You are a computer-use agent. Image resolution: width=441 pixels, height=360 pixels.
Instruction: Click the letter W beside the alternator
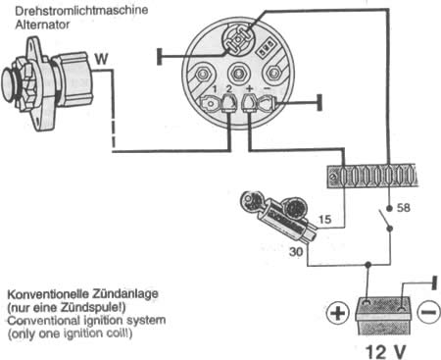pos(101,59)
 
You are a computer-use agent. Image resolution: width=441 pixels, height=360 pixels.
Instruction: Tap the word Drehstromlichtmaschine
pos(81,10)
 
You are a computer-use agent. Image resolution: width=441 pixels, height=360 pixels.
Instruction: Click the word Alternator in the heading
pos(42,25)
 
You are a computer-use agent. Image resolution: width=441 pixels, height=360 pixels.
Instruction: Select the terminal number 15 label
pos(324,219)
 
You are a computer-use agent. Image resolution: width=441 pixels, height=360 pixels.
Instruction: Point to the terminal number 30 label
pos(296,251)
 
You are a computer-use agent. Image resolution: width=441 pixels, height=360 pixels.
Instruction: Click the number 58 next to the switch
pos(404,207)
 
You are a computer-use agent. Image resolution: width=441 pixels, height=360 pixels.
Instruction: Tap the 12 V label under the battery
pos(385,351)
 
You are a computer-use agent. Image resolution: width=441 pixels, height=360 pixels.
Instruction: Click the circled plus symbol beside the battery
pos(338,314)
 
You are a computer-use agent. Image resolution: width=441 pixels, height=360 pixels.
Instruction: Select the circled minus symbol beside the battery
pos(428,312)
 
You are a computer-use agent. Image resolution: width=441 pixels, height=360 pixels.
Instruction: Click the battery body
pos(383,315)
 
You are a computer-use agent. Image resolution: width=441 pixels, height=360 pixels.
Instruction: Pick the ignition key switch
pos(277,216)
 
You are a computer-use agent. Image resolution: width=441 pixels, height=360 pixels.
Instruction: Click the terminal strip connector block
pos(372,177)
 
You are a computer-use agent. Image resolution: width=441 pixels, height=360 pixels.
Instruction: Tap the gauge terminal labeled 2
pos(229,103)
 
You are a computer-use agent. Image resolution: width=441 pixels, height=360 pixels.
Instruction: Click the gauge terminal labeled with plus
pos(249,103)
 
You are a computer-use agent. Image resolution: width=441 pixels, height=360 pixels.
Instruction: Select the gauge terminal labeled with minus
pos(268,103)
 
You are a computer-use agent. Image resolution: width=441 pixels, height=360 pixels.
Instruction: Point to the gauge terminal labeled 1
pos(210,104)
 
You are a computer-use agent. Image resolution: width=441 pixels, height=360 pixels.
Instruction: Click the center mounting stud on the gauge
pos(238,74)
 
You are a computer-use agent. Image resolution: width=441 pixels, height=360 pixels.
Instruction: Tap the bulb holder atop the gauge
pos(238,39)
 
